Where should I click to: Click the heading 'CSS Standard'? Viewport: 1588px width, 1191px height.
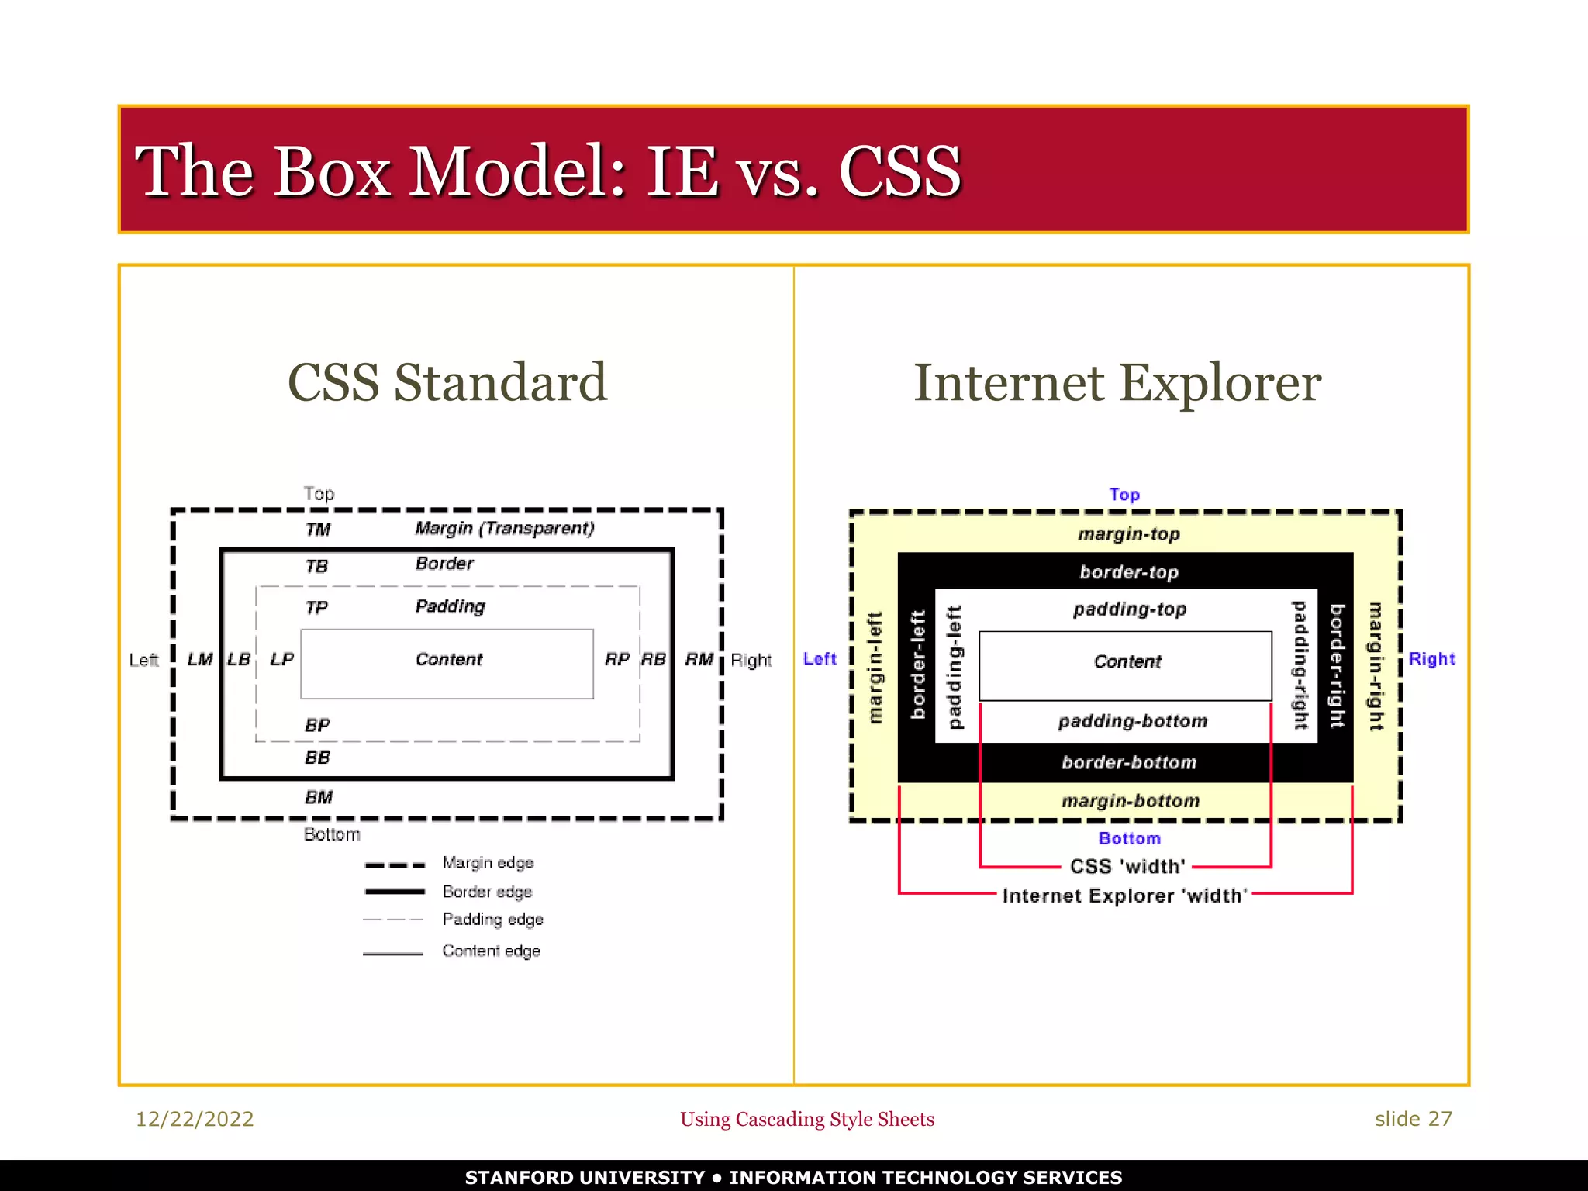[447, 382]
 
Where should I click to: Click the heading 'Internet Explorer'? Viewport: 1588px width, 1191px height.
[1117, 382]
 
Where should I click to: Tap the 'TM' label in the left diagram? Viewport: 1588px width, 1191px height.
[318, 530]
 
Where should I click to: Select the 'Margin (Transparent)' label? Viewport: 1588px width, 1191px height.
[504, 528]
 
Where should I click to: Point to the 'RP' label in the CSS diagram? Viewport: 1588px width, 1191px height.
[616, 659]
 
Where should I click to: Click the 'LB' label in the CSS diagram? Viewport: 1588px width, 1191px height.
[239, 659]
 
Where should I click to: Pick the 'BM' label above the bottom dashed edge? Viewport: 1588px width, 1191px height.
[319, 797]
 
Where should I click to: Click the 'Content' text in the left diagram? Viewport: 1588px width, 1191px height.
[448, 659]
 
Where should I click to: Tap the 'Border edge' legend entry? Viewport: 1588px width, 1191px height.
[487, 892]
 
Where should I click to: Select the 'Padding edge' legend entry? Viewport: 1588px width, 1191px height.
[492, 920]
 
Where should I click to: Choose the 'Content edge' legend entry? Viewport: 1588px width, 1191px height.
[491, 951]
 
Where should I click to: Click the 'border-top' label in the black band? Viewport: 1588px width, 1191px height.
[1129, 572]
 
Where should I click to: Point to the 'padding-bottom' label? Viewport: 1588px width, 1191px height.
[1133, 721]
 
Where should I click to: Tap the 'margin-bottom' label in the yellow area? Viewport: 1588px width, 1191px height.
[1131, 801]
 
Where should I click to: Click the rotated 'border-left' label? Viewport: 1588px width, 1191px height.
[918, 665]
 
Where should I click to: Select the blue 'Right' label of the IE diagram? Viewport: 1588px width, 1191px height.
[1431, 659]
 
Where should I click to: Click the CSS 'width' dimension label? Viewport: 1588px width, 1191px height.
[1127, 866]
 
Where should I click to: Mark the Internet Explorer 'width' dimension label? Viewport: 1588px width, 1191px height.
[1124, 896]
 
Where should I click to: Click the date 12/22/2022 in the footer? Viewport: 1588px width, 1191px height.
[195, 1119]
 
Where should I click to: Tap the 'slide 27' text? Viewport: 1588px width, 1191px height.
[1413, 1119]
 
